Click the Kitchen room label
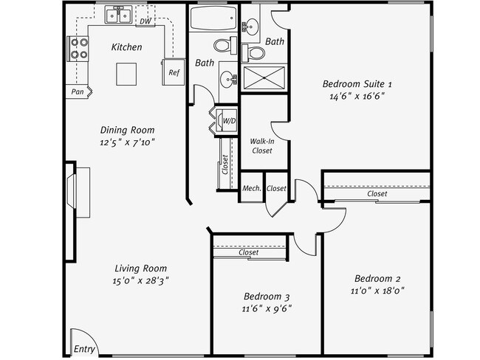click(126, 47)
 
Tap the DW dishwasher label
click(145, 21)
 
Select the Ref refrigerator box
click(174, 72)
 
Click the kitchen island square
click(126, 74)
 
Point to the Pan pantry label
click(77, 92)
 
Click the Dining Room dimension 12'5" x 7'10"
click(128, 142)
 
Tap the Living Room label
click(140, 269)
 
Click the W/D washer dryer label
click(229, 120)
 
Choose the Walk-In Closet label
click(262, 145)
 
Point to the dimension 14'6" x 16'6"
click(357, 96)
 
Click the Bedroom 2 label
click(377, 278)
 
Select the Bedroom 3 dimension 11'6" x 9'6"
click(267, 308)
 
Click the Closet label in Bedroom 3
click(249, 252)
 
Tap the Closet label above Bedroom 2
click(377, 194)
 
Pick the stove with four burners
click(78, 48)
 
